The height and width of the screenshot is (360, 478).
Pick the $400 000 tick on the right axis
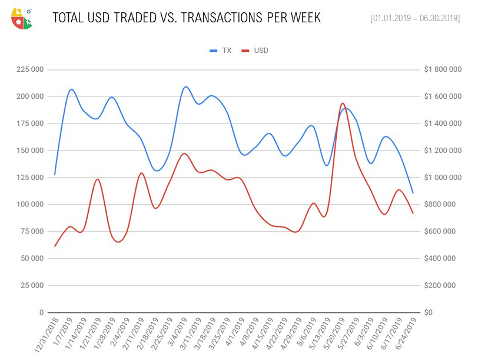pyautogui.click(x=440, y=259)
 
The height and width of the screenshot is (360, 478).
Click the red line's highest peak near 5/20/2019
pyautogui.click(x=342, y=104)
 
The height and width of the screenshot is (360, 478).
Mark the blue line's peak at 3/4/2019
pyautogui.click(x=185, y=86)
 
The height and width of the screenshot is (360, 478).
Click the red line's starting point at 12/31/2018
pyautogui.click(x=55, y=246)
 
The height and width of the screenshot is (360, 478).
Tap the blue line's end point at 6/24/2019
pyautogui.click(x=413, y=193)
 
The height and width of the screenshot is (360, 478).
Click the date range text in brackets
pyautogui.click(x=414, y=18)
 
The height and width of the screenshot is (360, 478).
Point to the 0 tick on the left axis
pyautogui.click(x=41, y=312)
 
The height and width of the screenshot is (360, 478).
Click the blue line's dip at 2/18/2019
pyautogui.click(x=156, y=171)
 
